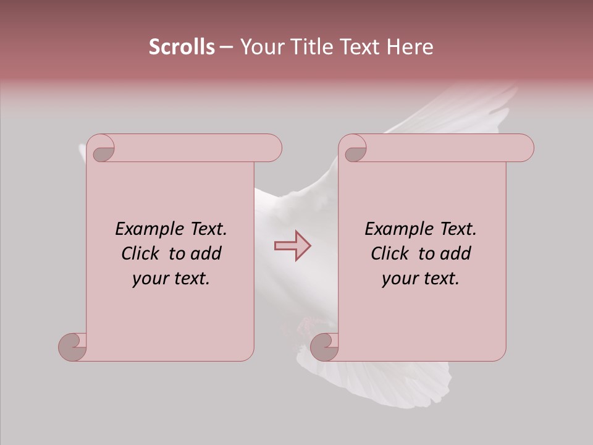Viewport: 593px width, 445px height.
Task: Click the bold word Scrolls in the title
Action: (182, 47)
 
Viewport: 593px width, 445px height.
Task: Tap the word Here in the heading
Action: (410, 47)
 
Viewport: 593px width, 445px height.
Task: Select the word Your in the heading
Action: (260, 47)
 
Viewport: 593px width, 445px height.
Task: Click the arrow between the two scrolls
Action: (292, 245)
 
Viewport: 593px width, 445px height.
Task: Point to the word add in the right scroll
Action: (456, 253)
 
